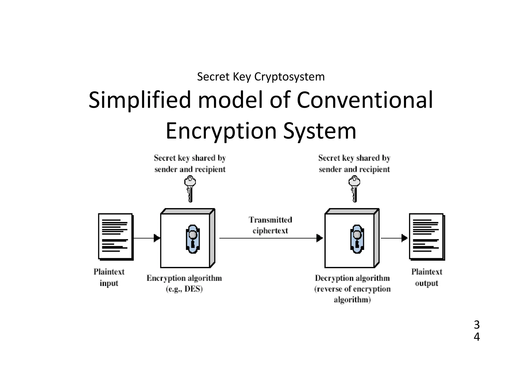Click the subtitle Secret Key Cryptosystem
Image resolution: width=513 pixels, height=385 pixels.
[x=261, y=77]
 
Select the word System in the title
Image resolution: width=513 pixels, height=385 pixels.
[x=320, y=131]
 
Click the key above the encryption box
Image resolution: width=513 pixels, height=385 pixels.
[x=190, y=188]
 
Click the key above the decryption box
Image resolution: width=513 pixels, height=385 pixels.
[x=354, y=188]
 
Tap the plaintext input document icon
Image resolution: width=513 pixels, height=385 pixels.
[x=115, y=236]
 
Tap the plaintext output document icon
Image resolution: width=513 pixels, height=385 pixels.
[x=427, y=236]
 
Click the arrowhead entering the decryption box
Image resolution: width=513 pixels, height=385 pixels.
[x=319, y=238]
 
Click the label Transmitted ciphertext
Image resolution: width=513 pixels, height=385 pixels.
[x=270, y=225]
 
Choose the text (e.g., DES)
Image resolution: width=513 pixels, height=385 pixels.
[x=184, y=289]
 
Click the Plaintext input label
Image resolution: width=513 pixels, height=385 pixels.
[x=109, y=277]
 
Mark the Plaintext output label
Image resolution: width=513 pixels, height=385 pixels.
[x=427, y=277]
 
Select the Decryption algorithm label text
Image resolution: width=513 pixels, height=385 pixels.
[x=352, y=278]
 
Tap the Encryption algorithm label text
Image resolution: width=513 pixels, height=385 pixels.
[x=184, y=278]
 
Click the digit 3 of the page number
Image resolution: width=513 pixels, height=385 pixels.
[x=477, y=325]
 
